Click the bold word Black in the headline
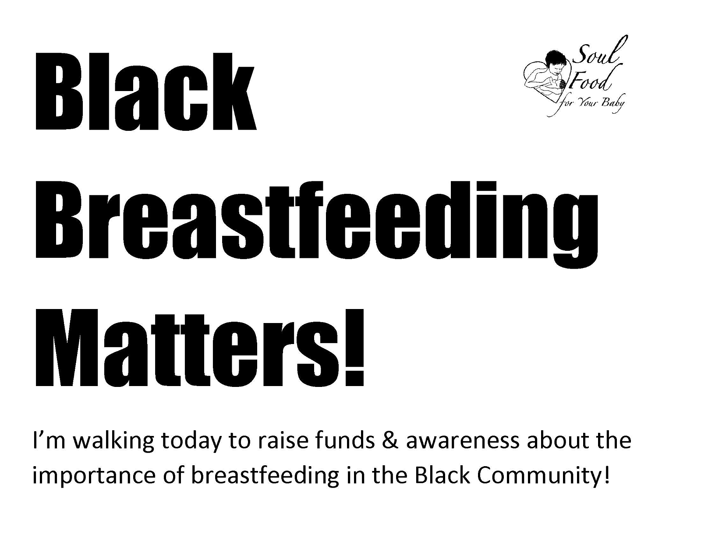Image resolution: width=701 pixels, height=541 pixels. [x=146, y=91]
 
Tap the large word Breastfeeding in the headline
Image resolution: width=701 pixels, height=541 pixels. [x=316, y=224]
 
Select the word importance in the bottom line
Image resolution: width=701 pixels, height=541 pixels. [x=94, y=476]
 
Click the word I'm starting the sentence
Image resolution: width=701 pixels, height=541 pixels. [x=50, y=440]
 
